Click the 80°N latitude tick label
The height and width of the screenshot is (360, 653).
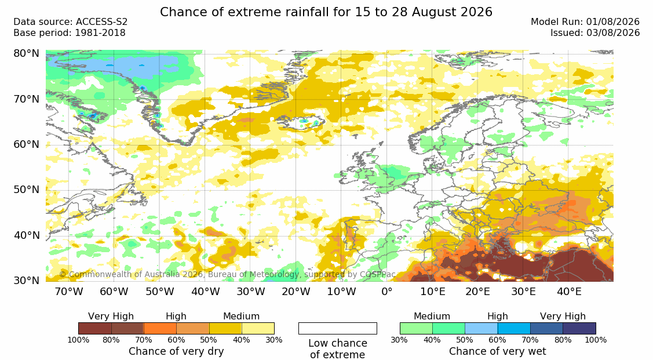(x=27, y=53)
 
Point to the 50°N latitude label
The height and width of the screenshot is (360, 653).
(x=27, y=190)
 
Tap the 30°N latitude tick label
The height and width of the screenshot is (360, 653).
(x=27, y=281)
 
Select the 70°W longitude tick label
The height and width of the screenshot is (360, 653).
(x=69, y=292)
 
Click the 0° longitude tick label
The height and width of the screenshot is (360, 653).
(x=387, y=292)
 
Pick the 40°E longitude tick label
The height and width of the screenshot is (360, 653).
(x=570, y=292)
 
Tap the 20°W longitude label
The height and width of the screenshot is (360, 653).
(x=296, y=292)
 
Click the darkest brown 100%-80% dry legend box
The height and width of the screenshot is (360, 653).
(x=94, y=328)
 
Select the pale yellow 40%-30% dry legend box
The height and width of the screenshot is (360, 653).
(x=258, y=328)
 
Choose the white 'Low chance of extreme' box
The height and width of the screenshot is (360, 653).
(x=338, y=328)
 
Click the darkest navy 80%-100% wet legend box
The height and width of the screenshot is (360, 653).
(x=579, y=328)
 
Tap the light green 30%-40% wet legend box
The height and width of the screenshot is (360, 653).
(x=416, y=328)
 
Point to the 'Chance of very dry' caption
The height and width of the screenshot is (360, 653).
(x=176, y=352)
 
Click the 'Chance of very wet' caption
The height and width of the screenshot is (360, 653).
(x=498, y=352)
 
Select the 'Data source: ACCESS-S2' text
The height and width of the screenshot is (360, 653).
(x=71, y=22)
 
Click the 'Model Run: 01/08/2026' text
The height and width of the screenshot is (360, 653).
(x=585, y=22)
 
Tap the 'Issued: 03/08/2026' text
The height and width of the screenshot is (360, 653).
(x=595, y=33)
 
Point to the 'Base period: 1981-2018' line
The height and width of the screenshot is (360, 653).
(x=70, y=33)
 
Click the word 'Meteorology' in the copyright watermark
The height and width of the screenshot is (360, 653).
(x=273, y=275)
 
